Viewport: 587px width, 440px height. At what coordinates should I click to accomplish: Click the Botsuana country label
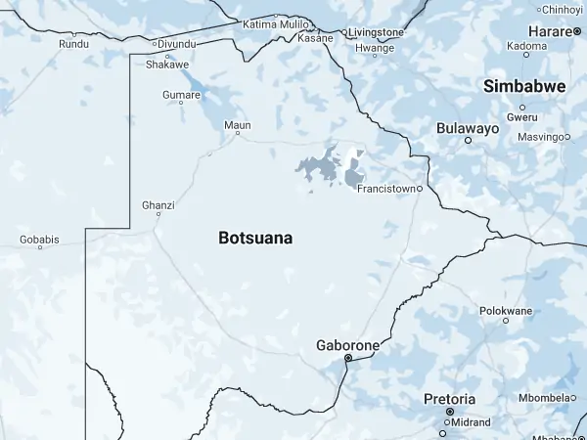point(255,238)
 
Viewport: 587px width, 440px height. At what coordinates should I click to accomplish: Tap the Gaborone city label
point(347,345)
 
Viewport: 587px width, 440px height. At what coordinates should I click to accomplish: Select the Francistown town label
point(386,188)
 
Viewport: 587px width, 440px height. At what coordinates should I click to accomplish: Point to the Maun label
point(238,125)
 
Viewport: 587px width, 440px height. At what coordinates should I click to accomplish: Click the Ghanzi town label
point(158,205)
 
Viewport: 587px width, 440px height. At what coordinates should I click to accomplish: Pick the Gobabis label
point(39,239)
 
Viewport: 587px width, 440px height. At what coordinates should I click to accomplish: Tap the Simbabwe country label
point(524,87)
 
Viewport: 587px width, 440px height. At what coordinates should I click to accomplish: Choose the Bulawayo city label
point(468,128)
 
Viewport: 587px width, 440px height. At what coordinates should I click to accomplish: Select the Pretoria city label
point(449,399)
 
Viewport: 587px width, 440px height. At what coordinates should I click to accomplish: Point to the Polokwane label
point(506,311)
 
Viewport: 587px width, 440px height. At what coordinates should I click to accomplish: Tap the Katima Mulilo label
point(269,22)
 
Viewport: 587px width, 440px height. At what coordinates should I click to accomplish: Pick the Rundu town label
point(73,44)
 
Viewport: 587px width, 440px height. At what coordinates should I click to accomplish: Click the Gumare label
point(181,95)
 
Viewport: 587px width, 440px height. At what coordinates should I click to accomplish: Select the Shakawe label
point(166,65)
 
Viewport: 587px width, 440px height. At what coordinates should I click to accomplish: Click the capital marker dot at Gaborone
point(347,359)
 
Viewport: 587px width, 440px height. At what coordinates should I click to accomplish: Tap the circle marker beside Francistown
point(420,188)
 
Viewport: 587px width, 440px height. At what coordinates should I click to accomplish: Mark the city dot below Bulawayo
point(468,140)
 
